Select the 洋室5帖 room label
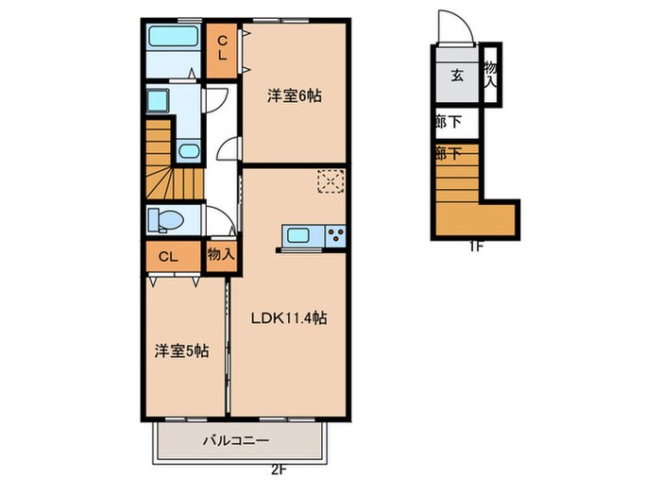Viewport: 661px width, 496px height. click(182, 350)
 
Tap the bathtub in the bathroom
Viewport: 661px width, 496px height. click(172, 40)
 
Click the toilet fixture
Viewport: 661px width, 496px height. click(164, 220)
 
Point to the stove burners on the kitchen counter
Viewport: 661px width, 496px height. click(336, 234)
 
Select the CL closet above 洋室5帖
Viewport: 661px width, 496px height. click(167, 256)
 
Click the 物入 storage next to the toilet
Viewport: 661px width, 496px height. click(221, 254)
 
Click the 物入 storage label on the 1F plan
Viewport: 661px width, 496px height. click(490, 75)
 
